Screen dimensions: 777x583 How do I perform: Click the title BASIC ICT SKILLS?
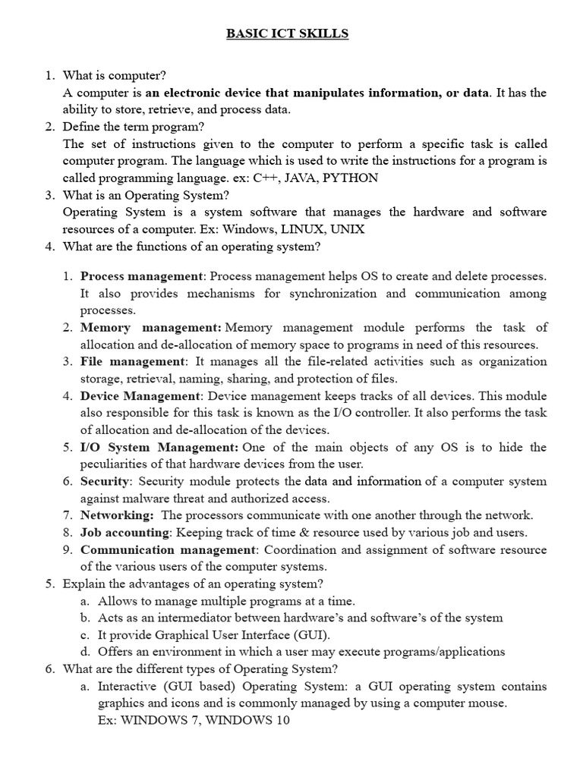coord(287,34)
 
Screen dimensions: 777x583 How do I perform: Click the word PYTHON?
coord(351,178)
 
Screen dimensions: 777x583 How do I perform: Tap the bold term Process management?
coord(142,276)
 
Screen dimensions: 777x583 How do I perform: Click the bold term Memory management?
coord(150,328)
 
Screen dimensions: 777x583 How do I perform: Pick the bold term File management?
coord(132,361)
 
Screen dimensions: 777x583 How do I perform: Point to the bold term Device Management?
coord(140,396)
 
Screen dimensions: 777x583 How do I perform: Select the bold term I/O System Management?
coord(159,448)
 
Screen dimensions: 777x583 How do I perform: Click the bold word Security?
coord(106,481)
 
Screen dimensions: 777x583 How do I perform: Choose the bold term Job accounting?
coord(124,532)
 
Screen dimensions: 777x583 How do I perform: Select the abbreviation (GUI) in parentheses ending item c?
coord(309,634)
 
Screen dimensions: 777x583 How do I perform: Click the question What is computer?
coord(115,76)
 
